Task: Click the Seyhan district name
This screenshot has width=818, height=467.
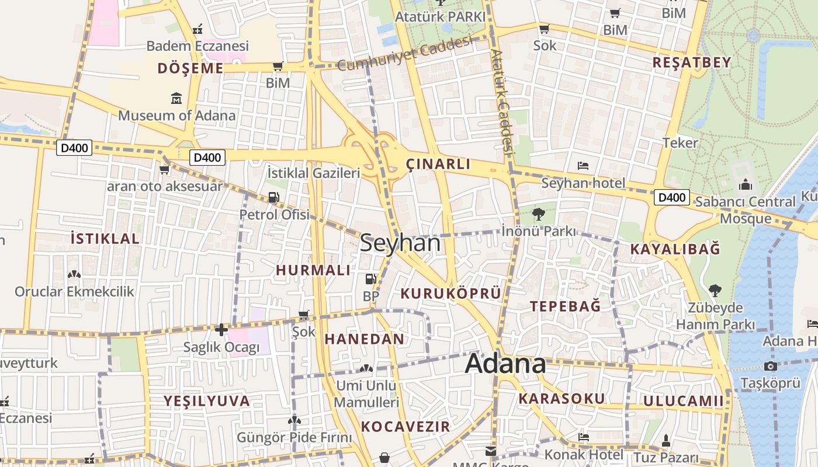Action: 400,243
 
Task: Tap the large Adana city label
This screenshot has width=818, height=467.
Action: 505,364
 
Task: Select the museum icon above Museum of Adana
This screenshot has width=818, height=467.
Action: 176,98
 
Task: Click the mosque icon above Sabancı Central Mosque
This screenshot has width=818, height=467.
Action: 745,185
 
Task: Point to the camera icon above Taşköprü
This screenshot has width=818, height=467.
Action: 770,367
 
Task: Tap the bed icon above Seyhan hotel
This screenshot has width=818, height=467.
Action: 583,166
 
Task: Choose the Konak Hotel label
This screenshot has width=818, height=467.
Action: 584,454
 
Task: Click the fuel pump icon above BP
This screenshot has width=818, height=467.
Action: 370,279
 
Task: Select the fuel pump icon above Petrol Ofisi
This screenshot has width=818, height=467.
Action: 273,197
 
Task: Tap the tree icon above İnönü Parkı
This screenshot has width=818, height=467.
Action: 538,214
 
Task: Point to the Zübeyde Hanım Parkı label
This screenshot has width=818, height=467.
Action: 716,316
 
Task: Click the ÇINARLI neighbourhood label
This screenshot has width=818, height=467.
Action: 438,164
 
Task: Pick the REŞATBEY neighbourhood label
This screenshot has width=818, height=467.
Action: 692,62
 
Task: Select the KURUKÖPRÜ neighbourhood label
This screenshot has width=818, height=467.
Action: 451,293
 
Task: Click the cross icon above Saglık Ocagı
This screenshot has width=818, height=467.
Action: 221,330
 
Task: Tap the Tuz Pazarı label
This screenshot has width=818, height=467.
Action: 666,457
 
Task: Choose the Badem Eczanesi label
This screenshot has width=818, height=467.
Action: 197,46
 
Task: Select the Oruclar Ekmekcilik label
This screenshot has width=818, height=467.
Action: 74,291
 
